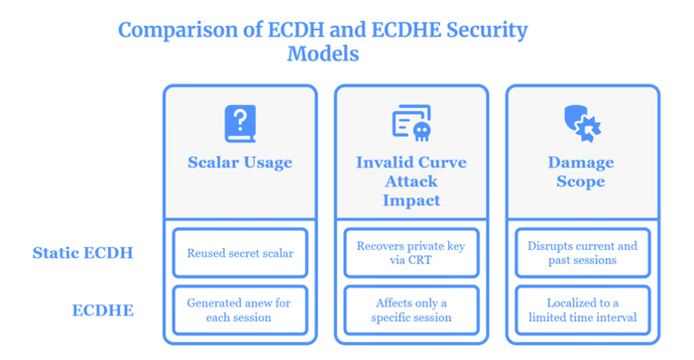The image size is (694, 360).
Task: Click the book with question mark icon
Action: tap(240, 124)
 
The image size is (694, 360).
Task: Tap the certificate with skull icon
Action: tap(411, 123)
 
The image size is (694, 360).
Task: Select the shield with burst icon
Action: tap(583, 124)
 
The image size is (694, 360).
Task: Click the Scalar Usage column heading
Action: tap(240, 163)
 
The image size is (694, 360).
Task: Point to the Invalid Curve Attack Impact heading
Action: tap(411, 181)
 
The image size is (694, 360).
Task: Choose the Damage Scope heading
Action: tap(581, 172)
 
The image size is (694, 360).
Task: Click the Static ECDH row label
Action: tap(82, 253)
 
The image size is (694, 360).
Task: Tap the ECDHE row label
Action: tap(103, 310)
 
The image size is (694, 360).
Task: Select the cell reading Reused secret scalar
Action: tap(240, 253)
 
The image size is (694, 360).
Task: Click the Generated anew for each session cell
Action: tap(240, 310)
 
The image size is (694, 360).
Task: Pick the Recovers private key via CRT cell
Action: tap(411, 253)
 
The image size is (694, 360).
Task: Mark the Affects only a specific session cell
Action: tap(411, 310)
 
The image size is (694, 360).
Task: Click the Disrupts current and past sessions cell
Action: tap(583, 253)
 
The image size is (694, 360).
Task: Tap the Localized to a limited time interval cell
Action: tap(583, 310)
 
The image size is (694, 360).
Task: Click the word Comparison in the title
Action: tap(177, 31)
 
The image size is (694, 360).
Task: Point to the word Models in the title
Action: tap(322, 54)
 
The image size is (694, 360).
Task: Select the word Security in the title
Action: tap(487, 31)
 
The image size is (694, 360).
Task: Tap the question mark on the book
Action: tap(240, 120)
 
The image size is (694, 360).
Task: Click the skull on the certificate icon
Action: tap(421, 132)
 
